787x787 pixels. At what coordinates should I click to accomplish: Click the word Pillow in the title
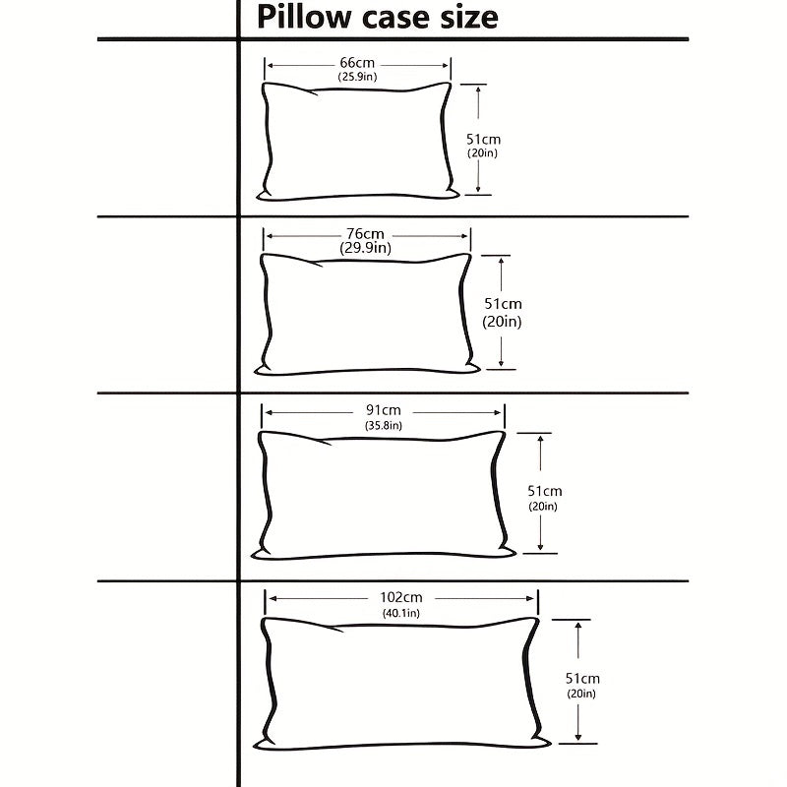(299, 17)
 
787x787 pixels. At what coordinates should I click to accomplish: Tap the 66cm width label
(358, 63)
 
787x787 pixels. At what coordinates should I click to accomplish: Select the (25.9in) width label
(358, 77)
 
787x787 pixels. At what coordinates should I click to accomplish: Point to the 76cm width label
(365, 234)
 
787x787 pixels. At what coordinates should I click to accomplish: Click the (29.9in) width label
(365, 248)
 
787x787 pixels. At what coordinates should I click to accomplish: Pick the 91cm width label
(383, 410)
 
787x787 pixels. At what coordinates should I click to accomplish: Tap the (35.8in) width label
(383, 425)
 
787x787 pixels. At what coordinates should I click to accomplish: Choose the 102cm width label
(400, 597)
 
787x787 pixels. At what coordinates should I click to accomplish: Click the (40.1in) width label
(400, 613)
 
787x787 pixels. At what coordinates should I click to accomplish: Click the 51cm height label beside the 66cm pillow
(483, 139)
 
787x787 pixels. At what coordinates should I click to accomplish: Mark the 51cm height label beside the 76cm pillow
(502, 304)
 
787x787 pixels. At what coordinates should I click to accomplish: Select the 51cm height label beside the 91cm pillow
(544, 491)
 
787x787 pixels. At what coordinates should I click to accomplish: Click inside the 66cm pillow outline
(358, 143)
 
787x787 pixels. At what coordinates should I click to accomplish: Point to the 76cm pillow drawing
(366, 313)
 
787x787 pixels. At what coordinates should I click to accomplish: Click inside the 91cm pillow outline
(384, 494)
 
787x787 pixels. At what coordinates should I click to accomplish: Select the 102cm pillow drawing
(401, 683)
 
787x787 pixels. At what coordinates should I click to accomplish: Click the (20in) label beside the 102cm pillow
(581, 695)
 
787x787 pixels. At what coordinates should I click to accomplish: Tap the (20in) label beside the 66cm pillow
(483, 153)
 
